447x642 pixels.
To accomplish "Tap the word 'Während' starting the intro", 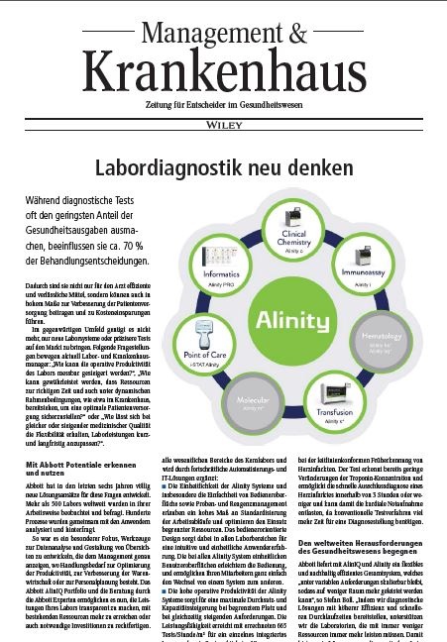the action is (51, 200).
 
